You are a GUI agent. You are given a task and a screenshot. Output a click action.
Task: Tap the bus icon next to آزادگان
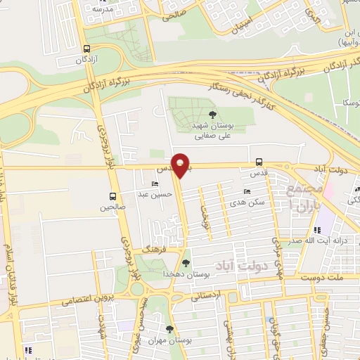tap(86, 49)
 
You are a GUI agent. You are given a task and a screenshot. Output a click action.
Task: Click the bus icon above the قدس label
tap(259, 161)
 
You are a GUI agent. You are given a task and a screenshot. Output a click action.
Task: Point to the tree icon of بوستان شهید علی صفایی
tap(213, 115)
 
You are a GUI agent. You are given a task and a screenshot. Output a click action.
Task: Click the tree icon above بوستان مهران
tap(169, 328)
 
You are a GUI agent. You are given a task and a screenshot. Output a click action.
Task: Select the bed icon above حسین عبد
tap(155, 184)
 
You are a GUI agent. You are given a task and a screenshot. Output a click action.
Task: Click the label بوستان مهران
tap(172, 341)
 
